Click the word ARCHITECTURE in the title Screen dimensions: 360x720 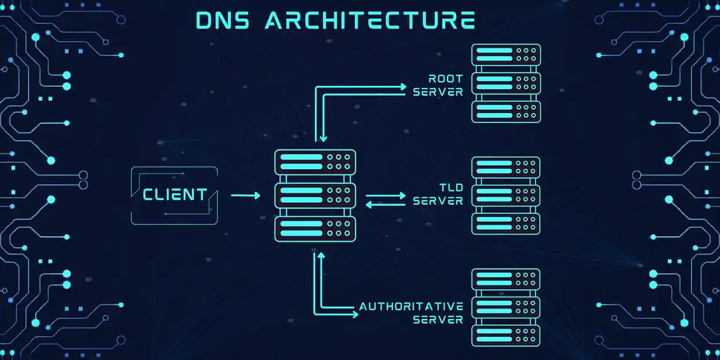pos(370,20)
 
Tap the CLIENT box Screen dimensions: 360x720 pos(175,195)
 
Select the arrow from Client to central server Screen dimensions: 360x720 pos(246,196)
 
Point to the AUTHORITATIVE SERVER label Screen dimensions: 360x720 pos(412,312)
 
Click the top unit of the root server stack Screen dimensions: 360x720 pos(506,54)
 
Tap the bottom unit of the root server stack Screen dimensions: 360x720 pos(506,111)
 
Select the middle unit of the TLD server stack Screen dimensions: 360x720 pos(506,195)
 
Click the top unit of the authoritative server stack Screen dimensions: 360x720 pos(506,279)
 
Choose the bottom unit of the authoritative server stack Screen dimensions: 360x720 pos(506,336)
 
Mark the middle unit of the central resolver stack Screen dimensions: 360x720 pos(315,195)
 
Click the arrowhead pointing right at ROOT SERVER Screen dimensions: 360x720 pos(403,87)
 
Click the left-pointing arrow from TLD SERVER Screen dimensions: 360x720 pos(386,205)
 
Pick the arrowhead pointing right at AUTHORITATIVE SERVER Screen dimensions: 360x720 pos(354,315)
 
